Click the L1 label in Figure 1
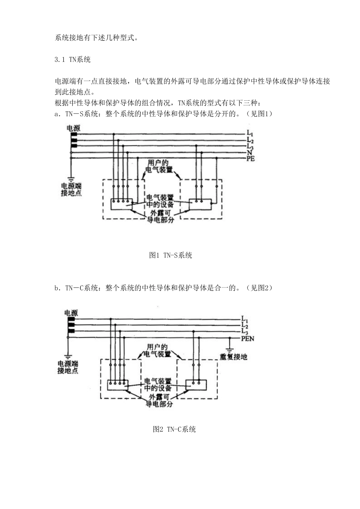pyautogui.click(x=250, y=134)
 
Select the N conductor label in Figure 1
pyautogui.click(x=249, y=153)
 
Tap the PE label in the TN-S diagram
pyautogui.click(x=250, y=159)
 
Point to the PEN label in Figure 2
pyautogui.click(x=247, y=338)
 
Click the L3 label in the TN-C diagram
pyautogui.click(x=244, y=332)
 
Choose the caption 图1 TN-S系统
pyautogui.click(x=171, y=255)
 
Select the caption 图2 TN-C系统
pyautogui.click(x=174, y=429)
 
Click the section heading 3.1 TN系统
pyautogui.click(x=72, y=59)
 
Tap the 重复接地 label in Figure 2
pyautogui.click(x=233, y=357)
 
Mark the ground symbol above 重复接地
pyautogui.click(x=229, y=348)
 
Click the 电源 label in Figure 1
pyautogui.click(x=74, y=128)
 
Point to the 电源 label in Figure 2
pyautogui.click(x=71, y=313)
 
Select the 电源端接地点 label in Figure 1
pyautogui.click(x=71, y=189)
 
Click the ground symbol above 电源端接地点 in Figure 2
pyautogui.click(x=68, y=356)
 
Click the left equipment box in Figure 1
pyautogui.click(x=122, y=205)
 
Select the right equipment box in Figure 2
pyautogui.click(x=196, y=385)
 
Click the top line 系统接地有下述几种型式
pyautogui.click(x=96, y=38)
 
